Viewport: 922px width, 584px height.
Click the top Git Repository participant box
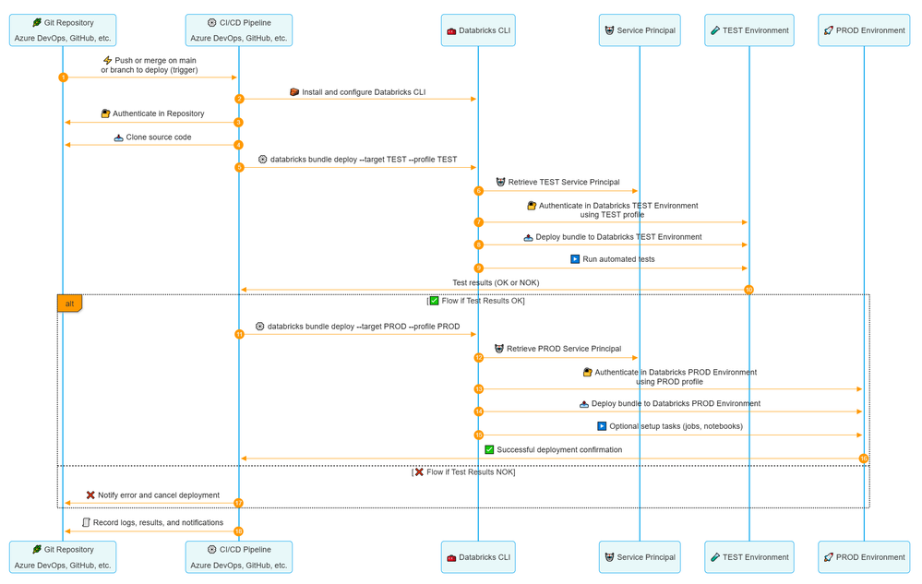click(x=63, y=30)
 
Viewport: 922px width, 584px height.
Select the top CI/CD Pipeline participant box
click(x=238, y=30)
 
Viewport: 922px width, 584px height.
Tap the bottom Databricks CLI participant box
click(x=478, y=557)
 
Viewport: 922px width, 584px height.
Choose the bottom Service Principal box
click(x=640, y=557)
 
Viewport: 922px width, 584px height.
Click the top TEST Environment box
click(x=749, y=30)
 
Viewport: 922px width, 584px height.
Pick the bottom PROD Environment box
click(x=864, y=557)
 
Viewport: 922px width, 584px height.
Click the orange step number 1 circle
click(x=63, y=77)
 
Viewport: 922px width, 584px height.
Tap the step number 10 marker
click(x=748, y=290)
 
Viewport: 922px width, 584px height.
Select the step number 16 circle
click(x=864, y=459)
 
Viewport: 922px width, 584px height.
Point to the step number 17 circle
click(x=238, y=503)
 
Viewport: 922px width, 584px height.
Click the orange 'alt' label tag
click(x=70, y=304)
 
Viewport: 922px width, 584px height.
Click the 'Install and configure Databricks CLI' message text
click(x=364, y=92)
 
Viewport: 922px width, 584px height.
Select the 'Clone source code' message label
click(x=159, y=137)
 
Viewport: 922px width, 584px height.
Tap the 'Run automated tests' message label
click(x=618, y=259)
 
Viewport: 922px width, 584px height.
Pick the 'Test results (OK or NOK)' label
click(x=496, y=282)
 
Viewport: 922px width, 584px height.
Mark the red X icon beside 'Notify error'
click(x=90, y=495)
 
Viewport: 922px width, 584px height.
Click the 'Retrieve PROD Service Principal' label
click(x=564, y=349)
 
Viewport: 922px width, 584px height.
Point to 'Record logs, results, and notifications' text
click(x=158, y=523)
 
